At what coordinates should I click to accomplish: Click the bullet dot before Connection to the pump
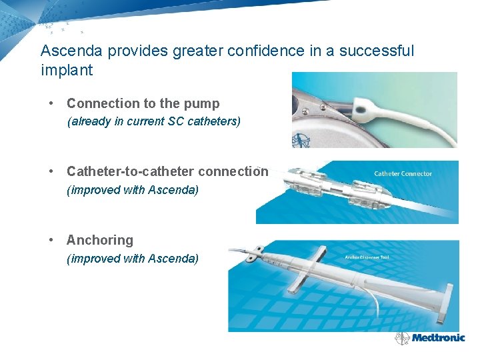pyautogui.click(x=51, y=104)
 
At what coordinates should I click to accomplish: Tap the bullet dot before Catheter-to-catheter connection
pyautogui.click(x=51, y=172)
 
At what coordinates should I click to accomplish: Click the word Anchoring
pyautogui.click(x=100, y=240)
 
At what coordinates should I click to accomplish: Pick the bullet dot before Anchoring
pyautogui.click(x=51, y=240)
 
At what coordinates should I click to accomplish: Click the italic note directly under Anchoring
pyautogui.click(x=133, y=259)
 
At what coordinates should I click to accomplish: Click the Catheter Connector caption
pyautogui.click(x=403, y=174)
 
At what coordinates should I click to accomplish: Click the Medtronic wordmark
pyautogui.click(x=438, y=337)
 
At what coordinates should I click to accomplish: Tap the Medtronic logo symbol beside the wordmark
pyautogui.click(x=402, y=338)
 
